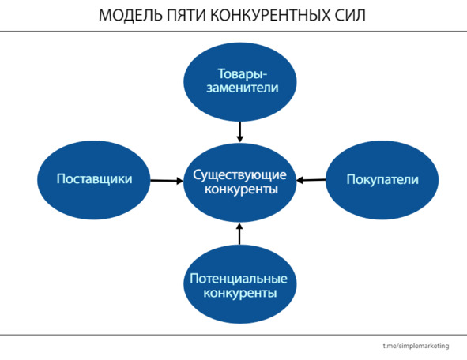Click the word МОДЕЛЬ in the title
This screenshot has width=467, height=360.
(x=130, y=16)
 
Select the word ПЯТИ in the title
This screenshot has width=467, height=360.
(x=186, y=15)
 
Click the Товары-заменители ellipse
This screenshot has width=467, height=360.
(x=240, y=82)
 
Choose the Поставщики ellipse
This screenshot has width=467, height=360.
(x=94, y=180)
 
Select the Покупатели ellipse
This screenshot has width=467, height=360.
(x=382, y=180)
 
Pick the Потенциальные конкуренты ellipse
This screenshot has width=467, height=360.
(x=240, y=284)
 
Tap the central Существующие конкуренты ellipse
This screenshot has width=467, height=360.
(x=240, y=182)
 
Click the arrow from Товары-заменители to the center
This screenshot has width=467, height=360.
(x=240, y=132)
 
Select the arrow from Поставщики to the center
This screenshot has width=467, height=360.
(x=167, y=180)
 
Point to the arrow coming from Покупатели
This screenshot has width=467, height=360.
(x=311, y=180)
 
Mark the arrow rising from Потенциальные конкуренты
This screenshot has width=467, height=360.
(x=239, y=234)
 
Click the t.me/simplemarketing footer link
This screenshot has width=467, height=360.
(x=416, y=346)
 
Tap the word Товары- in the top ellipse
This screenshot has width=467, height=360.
(x=243, y=74)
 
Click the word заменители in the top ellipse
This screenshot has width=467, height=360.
(x=243, y=88)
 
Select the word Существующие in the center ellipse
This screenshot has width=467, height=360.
(x=239, y=175)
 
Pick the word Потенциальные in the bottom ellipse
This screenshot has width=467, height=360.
(x=239, y=279)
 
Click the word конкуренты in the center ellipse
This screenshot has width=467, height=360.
(x=241, y=189)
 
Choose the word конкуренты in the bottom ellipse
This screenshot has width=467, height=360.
(x=240, y=293)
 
